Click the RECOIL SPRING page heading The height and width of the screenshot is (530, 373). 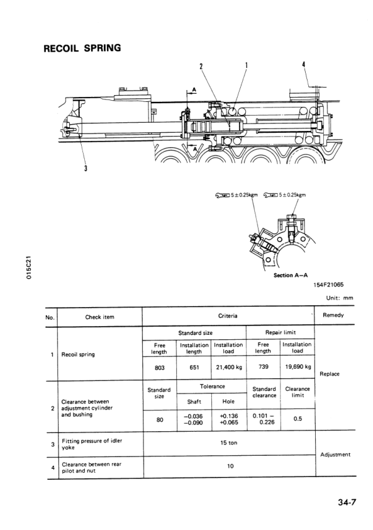click(x=82, y=48)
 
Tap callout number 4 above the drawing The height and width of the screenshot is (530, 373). click(x=303, y=64)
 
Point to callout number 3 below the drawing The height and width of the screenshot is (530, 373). click(x=86, y=168)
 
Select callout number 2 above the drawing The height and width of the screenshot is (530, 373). click(x=201, y=66)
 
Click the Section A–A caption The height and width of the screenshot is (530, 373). click(x=291, y=275)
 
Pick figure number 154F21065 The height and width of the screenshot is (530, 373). click(x=328, y=285)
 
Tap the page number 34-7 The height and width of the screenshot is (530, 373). click(x=347, y=502)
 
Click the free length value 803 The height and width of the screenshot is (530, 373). click(x=160, y=368)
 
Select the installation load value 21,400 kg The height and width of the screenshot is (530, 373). click(x=229, y=367)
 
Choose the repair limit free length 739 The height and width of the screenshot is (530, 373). click(x=263, y=366)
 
